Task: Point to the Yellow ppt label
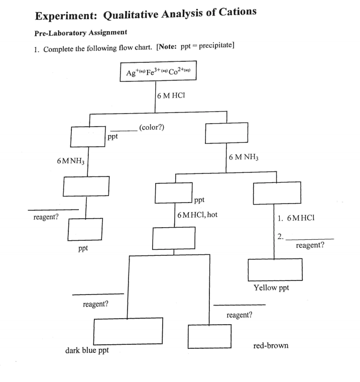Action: pos(272,288)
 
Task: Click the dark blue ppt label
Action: pos(87,350)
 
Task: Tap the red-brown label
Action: pos(271,346)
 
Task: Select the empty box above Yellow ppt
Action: pos(275,269)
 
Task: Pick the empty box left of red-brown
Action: pos(209,336)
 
